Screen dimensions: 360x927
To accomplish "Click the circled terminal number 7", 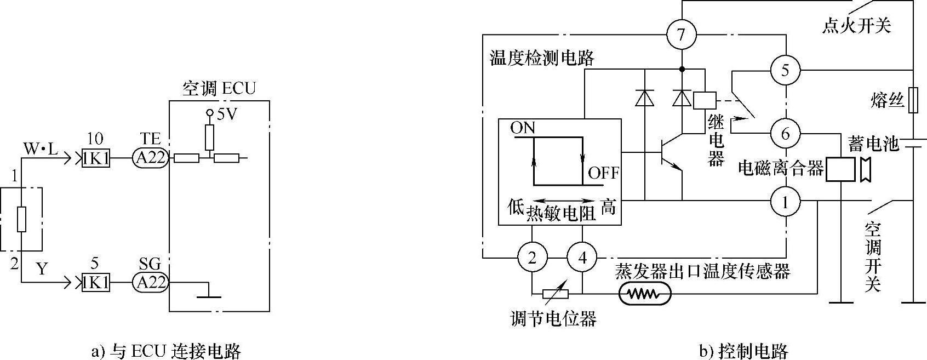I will click(681, 35).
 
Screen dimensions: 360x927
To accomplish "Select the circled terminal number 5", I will click(785, 70).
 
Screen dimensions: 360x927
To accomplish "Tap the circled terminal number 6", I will click(785, 133).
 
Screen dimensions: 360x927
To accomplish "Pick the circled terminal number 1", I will click(785, 203).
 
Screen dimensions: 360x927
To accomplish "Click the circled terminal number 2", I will click(532, 258).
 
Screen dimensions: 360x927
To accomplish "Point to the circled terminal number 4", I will click(582, 258).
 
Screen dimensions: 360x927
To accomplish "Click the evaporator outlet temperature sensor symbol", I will click(645, 294).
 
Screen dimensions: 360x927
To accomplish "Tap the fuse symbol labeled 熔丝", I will click(913, 100).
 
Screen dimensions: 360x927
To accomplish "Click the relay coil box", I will click(704, 100).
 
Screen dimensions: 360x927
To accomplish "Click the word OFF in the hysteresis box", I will click(603, 174).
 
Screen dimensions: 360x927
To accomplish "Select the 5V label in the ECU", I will click(227, 115).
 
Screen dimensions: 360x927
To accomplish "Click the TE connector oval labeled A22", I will click(150, 158).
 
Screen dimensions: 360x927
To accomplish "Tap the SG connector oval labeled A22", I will click(150, 282).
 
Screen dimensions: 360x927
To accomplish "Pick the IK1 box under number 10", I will click(95, 158).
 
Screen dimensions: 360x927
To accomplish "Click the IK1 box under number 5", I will click(95, 282).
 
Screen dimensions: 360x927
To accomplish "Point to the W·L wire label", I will click(41, 148).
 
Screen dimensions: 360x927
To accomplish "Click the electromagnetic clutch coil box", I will click(840, 169).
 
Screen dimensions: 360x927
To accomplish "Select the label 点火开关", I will click(856, 25).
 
